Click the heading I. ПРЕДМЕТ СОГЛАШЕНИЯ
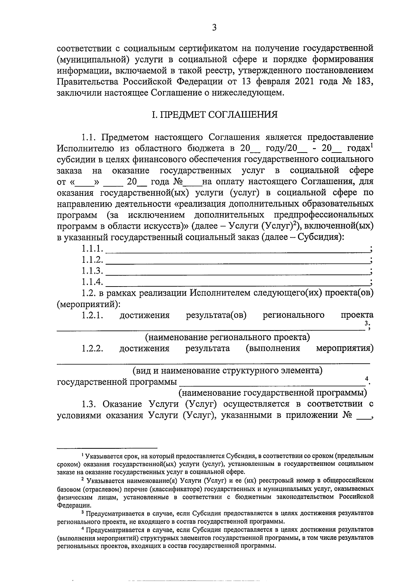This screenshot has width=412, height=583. click(x=215, y=114)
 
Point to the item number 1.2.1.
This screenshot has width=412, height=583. click(x=92, y=315)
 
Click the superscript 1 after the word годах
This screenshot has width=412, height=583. click(x=372, y=146)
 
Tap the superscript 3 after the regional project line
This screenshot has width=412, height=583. click(x=366, y=323)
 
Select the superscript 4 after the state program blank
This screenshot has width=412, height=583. click(x=367, y=379)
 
